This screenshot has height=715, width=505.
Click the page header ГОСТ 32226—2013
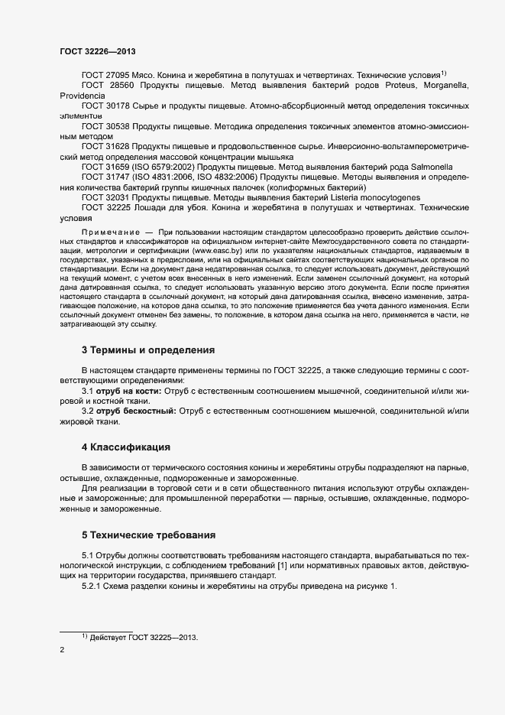(98, 50)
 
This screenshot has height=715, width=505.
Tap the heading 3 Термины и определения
(148, 350)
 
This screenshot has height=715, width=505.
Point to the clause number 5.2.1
(92, 586)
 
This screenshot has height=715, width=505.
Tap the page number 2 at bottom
(62, 651)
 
